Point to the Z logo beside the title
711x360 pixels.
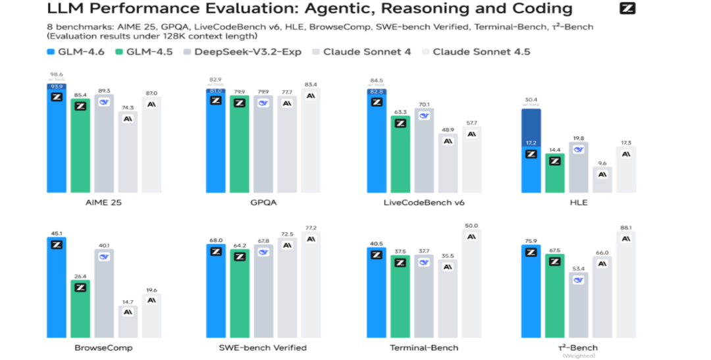point(627,9)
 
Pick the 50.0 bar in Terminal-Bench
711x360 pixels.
point(471,283)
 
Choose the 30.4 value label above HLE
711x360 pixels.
point(531,100)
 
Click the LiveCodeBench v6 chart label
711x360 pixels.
point(424,203)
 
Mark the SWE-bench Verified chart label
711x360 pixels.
point(262,347)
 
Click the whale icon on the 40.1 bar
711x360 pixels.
point(104,257)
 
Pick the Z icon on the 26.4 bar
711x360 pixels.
point(80,287)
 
